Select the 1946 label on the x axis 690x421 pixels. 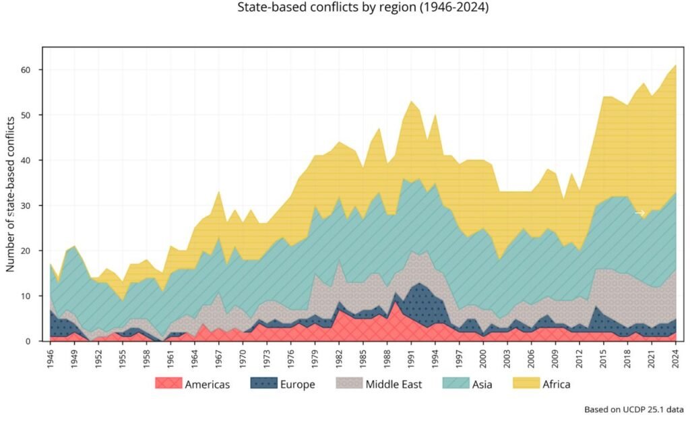(x=51, y=356)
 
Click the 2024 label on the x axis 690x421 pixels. (x=675, y=356)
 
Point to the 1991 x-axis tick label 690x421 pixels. (x=411, y=356)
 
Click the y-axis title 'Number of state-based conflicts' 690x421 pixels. (x=11, y=195)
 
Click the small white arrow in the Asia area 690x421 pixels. (x=640, y=213)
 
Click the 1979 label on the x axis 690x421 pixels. (x=315, y=356)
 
